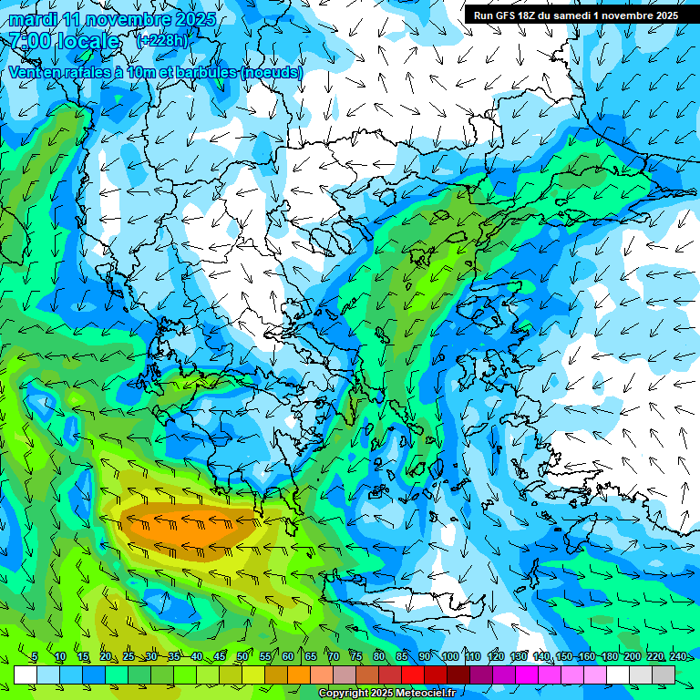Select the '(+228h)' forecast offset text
click(x=161, y=40)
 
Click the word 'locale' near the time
click(x=87, y=41)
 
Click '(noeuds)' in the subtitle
click(x=272, y=72)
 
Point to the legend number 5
click(x=35, y=657)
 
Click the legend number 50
click(x=242, y=657)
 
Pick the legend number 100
click(x=449, y=657)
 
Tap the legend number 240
click(x=677, y=657)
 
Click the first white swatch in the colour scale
click(x=26, y=674)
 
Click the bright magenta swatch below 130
click(x=527, y=674)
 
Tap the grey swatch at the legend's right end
click(x=664, y=674)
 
